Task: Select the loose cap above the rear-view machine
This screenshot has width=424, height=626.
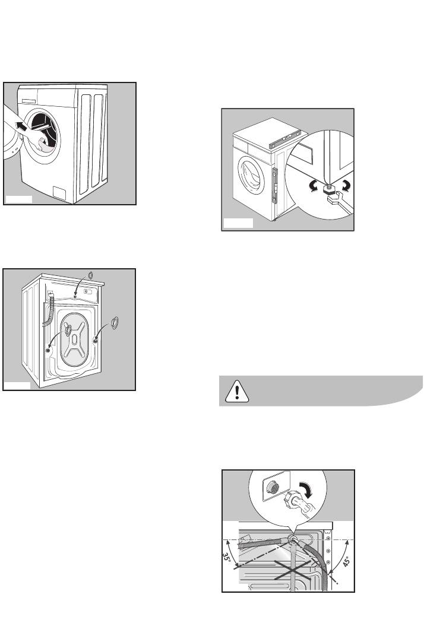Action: pyautogui.click(x=90, y=275)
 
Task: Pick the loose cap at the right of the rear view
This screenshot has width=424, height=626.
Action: pyautogui.click(x=115, y=323)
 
